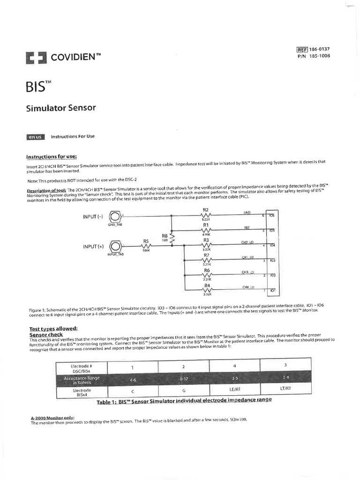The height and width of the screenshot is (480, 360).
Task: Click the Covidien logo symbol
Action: pyautogui.click(x=36, y=58)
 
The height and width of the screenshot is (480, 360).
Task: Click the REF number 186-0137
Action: pyautogui.click(x=320, y=49)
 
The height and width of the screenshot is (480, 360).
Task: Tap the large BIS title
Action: pyautogui.click(x=36, y=87)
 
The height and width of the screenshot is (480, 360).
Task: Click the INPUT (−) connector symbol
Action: pyautogui.click(x=115, y=217)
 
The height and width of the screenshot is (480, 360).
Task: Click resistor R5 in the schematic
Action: pyautogui.click(x=145, y=246)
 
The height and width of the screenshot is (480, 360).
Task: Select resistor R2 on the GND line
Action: pyautogui.click(x=206, y=216)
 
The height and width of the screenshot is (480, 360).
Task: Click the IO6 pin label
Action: pyautogui.click(x=272, y=215)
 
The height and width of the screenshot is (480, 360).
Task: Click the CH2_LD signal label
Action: pyautogui.click(x=247, y=243)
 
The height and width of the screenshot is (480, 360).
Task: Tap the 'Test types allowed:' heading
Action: pyautogui.click(x=53, y=329)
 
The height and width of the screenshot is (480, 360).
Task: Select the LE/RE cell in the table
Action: pyautogui.click(x=235, y=389)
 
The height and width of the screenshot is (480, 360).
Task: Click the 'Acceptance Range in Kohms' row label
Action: pyautogui.click(x=82, y=380)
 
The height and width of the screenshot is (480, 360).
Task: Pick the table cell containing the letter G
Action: pyautogui.click(x=183, y=390)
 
